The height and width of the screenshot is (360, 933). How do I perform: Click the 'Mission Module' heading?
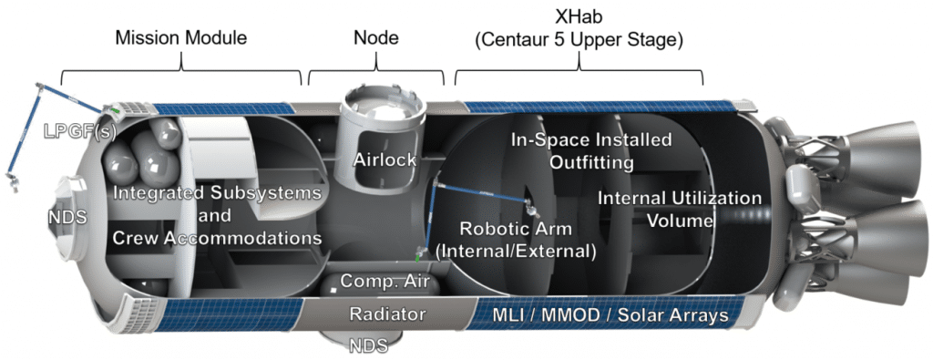(180, 38)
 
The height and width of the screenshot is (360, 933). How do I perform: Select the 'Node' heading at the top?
(375, 38)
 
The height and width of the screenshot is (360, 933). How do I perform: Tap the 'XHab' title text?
(579, 15)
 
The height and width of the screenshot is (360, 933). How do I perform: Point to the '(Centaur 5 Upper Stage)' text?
(579, 40)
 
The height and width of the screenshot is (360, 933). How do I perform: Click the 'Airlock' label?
(385, 159)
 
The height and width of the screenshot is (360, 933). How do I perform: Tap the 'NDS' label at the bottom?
(369, 345)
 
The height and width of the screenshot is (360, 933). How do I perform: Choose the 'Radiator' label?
(387, 314)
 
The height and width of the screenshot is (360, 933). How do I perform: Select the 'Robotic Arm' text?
(515, 229)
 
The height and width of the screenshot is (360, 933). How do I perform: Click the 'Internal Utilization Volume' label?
(679, 208)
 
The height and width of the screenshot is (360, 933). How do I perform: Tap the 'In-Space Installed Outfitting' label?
(590, 151)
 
